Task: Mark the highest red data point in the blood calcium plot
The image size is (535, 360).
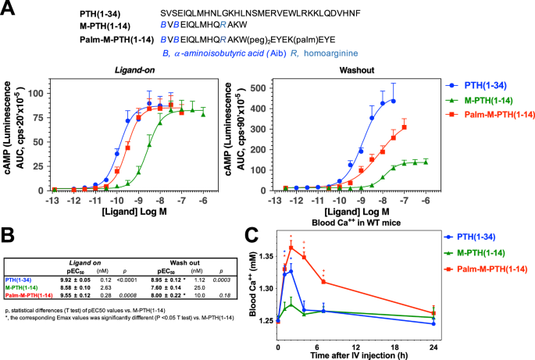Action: [x=291, y=247]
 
